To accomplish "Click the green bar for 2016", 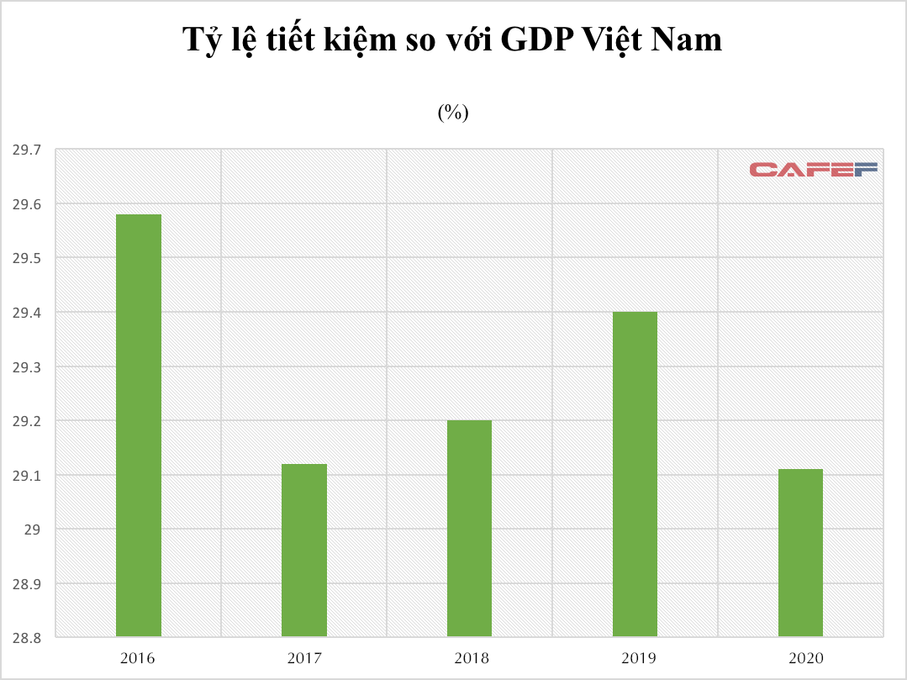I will pyautogui.click(x=139, y=425).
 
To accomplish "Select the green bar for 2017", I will pyautogui.click(x=304, y=550).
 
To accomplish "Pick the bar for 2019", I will pyautogui.click(x=635, y=474).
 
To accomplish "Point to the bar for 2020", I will pyautogui.click(x=800, y=552).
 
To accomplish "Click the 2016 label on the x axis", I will pyautogui.click(x=139, y=658).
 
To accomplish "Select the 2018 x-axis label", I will pyautogui.click(x=469, y=658).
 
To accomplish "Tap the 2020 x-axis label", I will pyautogui.click(x=800, y=658).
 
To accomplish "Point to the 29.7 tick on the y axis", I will pyautogui.click(x=26, y=150).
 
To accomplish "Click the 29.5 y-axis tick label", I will pyautogui.click(x=26, y=259).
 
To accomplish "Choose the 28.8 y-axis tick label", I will pyautogui.click(x=26, y=639).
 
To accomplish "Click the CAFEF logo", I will pyautogui.click(x=813, y=169).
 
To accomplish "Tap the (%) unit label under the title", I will pyautogui.click(x=452, y=113).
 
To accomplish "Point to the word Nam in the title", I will pyautogui.click(x=688, y=40).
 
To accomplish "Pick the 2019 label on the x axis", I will pyautogui.click(x=635, y=658).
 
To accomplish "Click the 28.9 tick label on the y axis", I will pyautogui.click(x=26, y=584).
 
